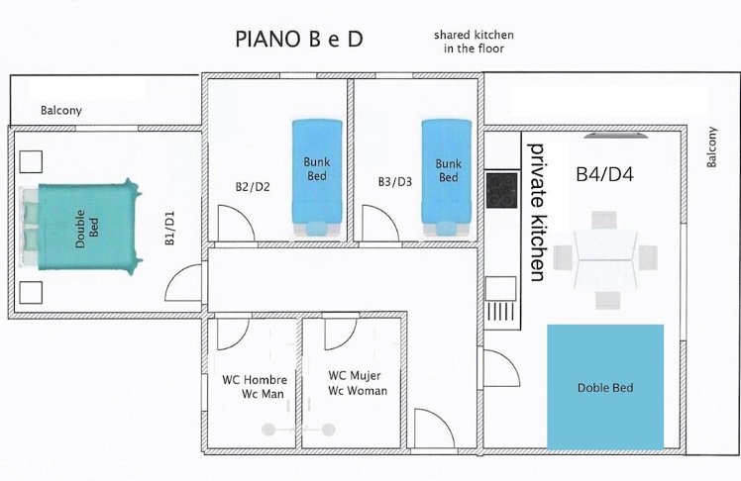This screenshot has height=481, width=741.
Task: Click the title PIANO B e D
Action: [298, 39]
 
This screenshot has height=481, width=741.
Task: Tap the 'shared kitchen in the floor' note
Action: [474, 42]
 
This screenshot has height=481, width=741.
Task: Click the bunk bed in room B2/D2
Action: [317, 177]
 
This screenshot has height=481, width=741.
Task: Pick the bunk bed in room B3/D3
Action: [447, 177]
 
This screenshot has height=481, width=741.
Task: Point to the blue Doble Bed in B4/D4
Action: [605, 387]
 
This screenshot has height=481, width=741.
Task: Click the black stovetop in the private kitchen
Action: [502, 190]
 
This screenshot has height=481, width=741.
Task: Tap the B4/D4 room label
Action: [604, 174]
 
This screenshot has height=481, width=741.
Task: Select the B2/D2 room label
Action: [253, 187]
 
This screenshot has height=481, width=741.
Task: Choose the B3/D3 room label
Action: [395, 182]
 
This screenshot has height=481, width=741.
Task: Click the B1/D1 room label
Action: [170, 229]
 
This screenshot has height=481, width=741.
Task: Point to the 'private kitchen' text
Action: [538, 213]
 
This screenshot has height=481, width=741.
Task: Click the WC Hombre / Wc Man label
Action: [255, 387]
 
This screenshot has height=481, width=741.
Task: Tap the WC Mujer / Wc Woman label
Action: [358, 383]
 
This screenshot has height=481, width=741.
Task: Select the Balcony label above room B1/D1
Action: [61, 111]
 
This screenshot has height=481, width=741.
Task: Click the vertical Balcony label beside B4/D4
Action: [711, 146]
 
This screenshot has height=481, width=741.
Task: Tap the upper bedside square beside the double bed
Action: [31, 162]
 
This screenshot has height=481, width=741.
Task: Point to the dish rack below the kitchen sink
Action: [500, 312]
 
